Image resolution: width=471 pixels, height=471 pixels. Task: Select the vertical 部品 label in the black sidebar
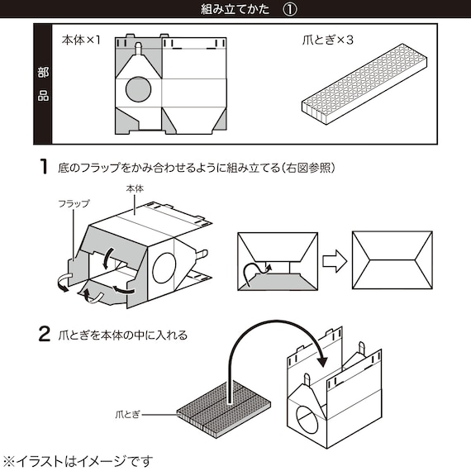(43, 84)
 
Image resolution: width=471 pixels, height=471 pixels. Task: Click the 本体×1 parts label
(81, 39)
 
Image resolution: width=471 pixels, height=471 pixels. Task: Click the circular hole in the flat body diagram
(141, 88)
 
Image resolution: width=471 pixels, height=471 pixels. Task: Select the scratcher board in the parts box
(363, 88)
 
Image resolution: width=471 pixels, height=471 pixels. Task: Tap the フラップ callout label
(74, 202)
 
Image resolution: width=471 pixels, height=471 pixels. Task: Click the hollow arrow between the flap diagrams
(334, 262)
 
